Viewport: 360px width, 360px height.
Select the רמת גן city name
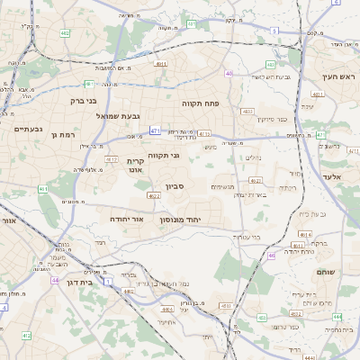66,134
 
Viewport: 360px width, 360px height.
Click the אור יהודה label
126,219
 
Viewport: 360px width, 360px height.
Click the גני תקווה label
164,156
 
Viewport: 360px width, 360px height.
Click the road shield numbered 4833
247,111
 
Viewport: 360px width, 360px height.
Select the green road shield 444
337,317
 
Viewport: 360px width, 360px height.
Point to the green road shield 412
27,335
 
